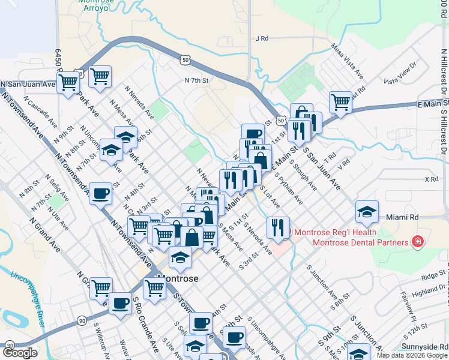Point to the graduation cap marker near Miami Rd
coord(366,211)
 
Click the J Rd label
coord(261,38)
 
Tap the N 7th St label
coord(196,80)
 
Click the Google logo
coord(19,353)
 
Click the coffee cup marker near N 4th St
coord(100,193)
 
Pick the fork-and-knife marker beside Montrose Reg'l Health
coord(277,226)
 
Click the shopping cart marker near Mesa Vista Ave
coord(340,101)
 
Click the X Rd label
coord(431,179)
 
